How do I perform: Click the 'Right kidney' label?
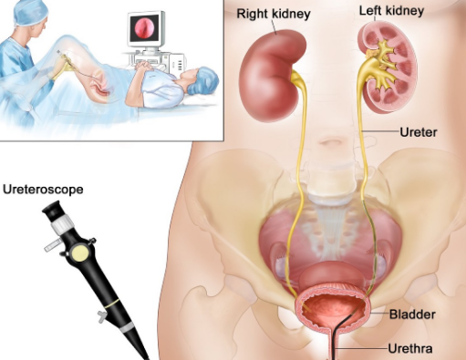coord(274,14)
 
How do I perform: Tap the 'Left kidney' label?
coord(391,11)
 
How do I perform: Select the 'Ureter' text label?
coord(419,132)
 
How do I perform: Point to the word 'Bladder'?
coord(412,314)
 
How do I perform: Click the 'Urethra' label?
coord(410,348)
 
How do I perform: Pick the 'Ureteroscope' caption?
coord(43,190)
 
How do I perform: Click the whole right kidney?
coord(272,76)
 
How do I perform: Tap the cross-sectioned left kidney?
coord(388,67)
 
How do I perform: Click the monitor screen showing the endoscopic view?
coord(145,28)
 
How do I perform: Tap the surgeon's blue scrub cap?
coord(28,12)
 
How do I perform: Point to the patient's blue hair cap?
coord(203,80)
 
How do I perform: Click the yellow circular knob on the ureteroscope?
coord(80,253)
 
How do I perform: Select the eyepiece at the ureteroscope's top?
coord(53,211)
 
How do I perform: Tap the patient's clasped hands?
coord(144,66)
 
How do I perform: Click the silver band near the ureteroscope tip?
coord(127,327)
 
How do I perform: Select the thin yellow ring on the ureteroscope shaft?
coord(112,303)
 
